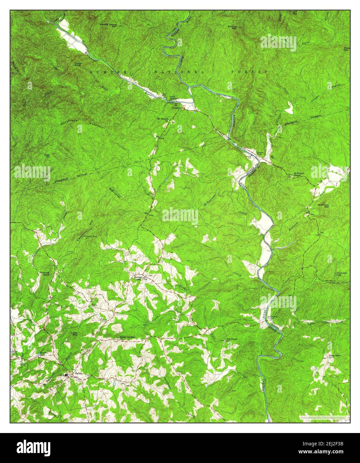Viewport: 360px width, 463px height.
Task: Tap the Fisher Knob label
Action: [78, 64]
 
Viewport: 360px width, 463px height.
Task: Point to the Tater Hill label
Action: [47, 156]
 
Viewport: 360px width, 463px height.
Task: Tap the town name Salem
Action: [79, 373]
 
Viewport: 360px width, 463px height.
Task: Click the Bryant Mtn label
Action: [293, 13]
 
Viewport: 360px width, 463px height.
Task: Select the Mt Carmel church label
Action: [164, 119]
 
